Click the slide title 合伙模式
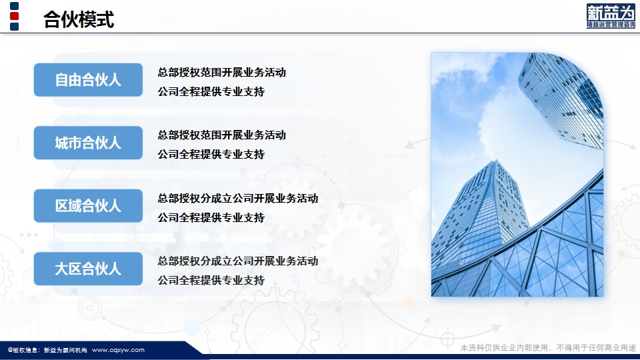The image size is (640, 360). click(79, 19)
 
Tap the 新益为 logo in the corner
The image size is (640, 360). click(611, 16)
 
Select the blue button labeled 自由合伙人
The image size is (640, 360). click(88, 80)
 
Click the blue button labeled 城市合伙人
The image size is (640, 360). click(88, 143)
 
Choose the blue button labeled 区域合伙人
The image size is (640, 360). click(88, 206)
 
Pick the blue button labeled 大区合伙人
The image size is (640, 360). click(88, 269)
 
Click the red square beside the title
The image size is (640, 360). click(14, 16)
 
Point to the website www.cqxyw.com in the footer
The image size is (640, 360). click(118, 350)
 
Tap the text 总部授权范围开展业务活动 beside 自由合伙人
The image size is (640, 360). click(221, 72)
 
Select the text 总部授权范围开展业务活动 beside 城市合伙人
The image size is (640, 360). click(221, 135)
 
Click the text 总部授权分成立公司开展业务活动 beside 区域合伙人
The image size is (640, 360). click(238, 199)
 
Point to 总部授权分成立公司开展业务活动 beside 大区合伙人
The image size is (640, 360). click(238, 261)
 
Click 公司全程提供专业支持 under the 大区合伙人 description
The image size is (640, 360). click(211, 281)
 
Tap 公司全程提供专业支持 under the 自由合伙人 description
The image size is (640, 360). click(211, 92)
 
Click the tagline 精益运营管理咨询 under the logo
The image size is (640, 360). click(611, 25)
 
